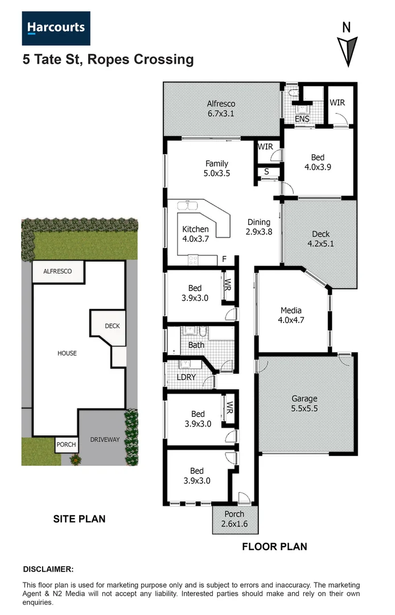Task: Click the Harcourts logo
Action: (56, 28)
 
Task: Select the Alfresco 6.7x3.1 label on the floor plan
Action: (221, 109)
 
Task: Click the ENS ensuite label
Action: (302, 119)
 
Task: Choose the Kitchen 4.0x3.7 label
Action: (196, 234)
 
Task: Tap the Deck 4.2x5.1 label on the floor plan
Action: (320, 239)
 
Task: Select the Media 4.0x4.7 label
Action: (291, 315)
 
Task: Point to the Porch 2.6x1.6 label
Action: (234, 519)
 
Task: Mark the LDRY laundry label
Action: (187, 378)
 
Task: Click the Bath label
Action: (196, 345)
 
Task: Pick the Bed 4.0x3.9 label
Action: (318, 162)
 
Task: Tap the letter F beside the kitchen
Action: (225, 260)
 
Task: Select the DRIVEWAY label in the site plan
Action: (105, 440)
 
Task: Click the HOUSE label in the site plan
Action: (67, 353)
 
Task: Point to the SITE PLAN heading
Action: (79, 519)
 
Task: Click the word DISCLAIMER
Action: (48, 569)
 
